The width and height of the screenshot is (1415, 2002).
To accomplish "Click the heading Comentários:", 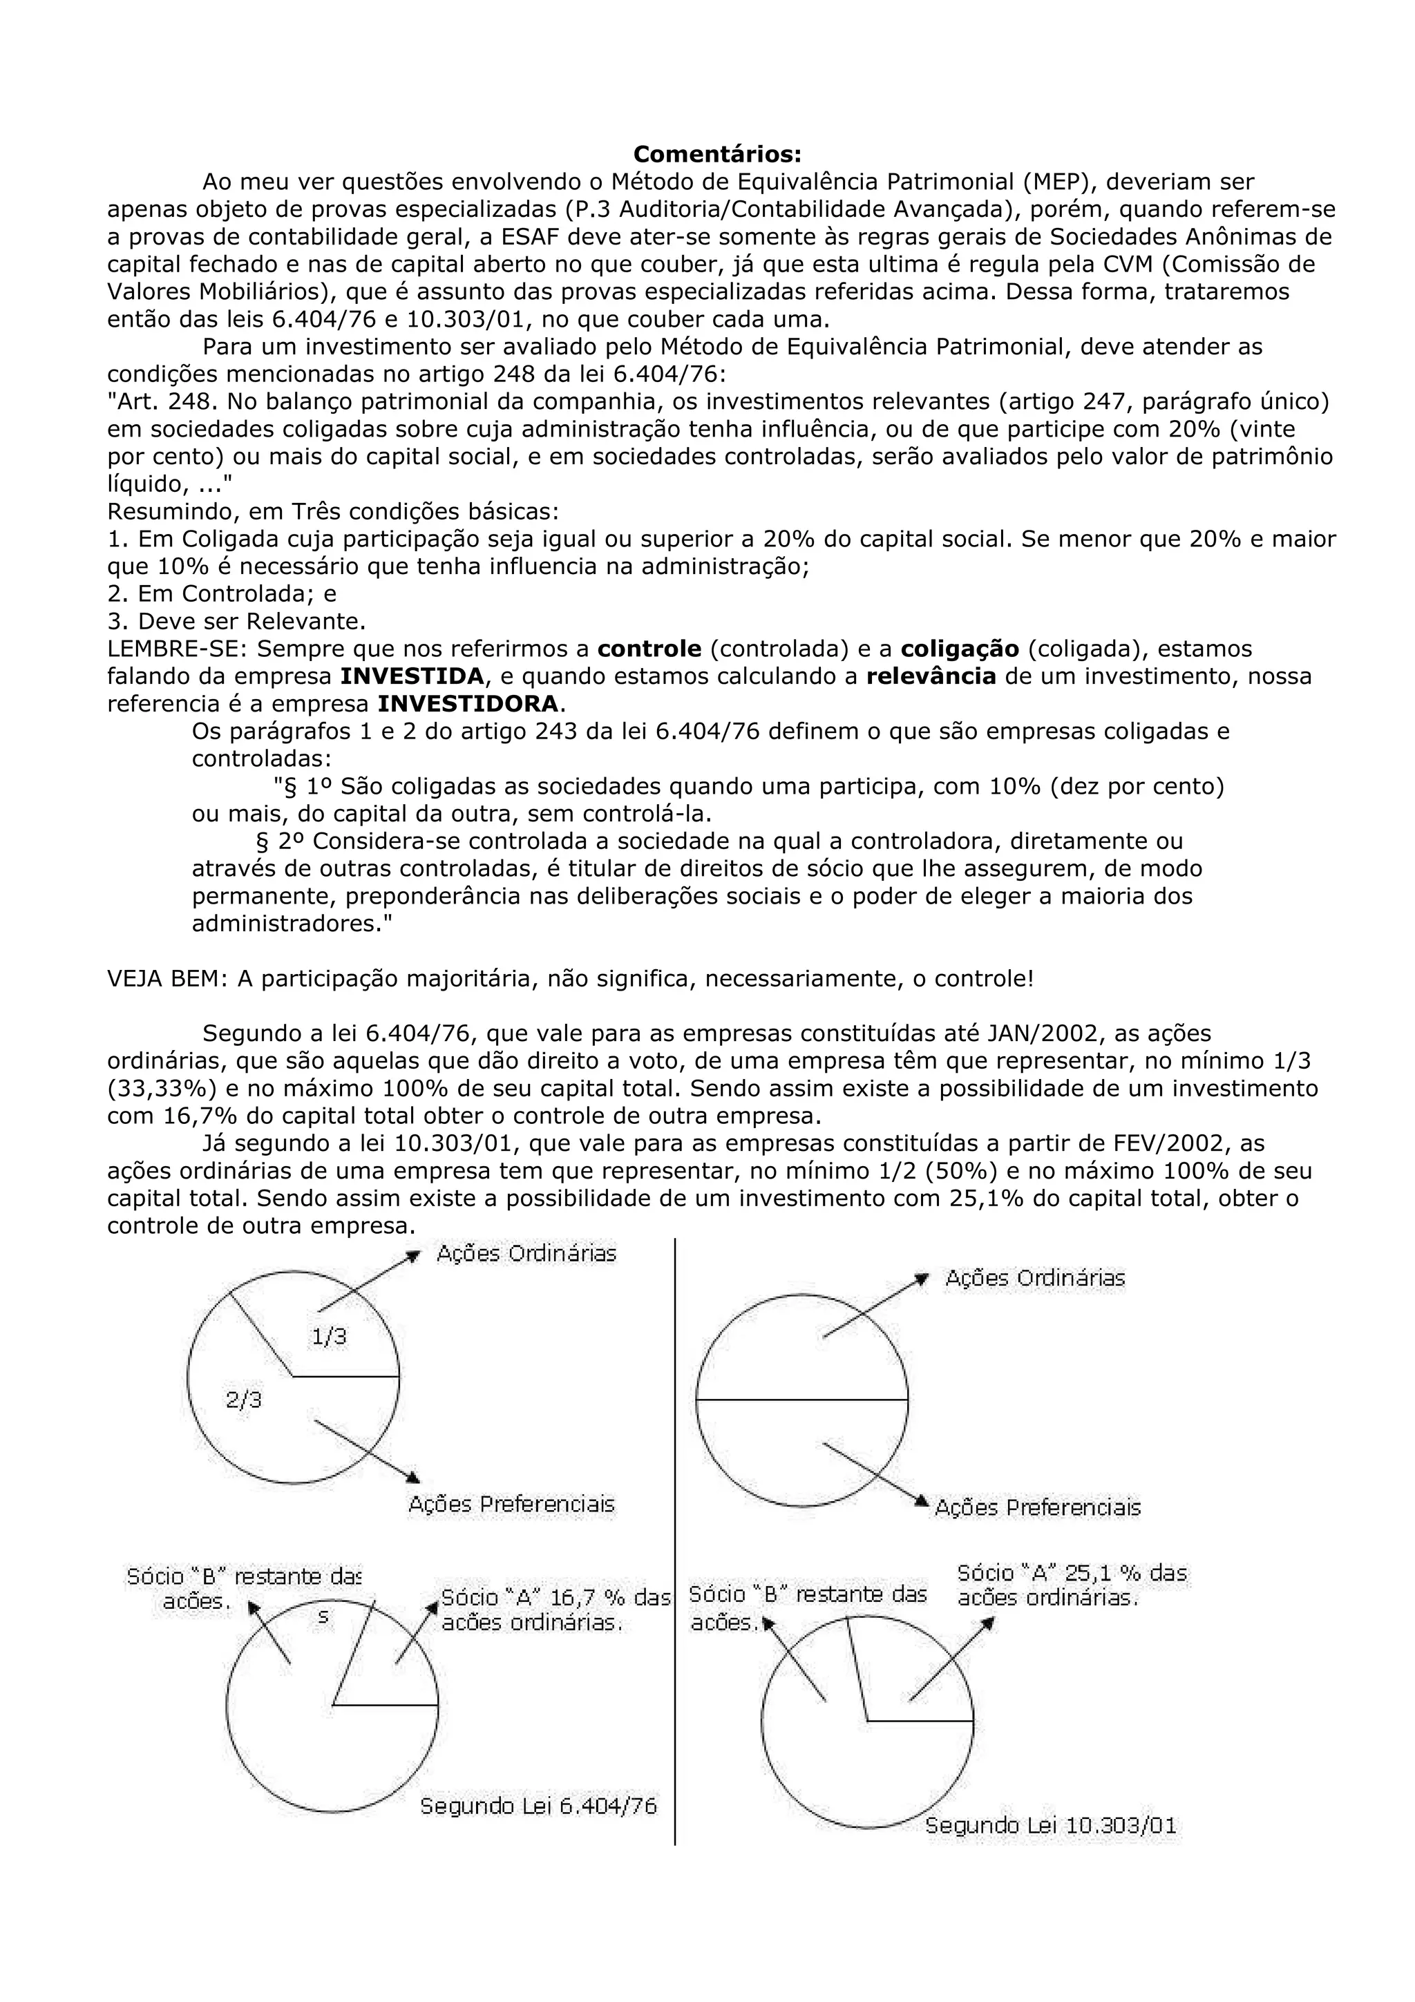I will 716,154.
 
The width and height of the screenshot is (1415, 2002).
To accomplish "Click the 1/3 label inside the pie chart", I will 330,1336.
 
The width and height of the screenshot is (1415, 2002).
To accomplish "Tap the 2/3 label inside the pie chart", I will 244,1399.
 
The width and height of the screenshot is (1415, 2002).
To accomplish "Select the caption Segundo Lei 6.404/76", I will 538,1805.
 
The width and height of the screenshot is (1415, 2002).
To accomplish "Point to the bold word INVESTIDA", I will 412,676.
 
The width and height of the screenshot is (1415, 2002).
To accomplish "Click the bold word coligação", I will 959,649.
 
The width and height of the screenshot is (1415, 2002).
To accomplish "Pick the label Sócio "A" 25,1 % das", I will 1072,1573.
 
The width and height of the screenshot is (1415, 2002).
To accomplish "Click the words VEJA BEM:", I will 167,978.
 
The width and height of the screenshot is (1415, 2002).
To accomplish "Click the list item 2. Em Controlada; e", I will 222,594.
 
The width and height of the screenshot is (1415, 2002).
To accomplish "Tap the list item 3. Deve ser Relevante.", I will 236,622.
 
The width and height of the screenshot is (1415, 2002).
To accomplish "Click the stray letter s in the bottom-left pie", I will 323,1616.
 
